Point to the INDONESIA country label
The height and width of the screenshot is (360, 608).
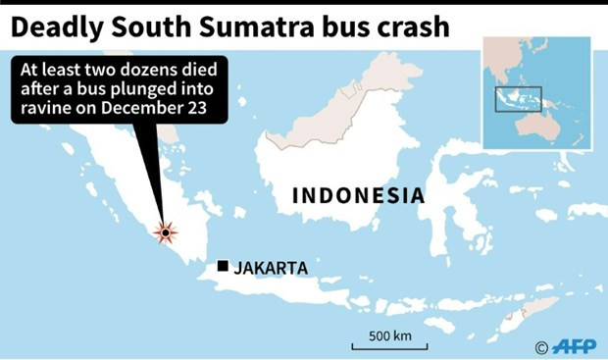[x=359, y=196]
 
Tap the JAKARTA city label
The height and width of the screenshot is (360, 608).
[x=272, y=267]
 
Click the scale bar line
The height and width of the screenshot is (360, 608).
[x=389, y=347]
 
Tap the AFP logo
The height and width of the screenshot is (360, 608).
[x=575, y=344]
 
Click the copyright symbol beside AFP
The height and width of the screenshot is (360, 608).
[x=541, y=345]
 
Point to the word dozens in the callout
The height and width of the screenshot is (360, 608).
[x=161, y=71]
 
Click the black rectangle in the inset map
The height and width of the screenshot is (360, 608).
[x=519, y=98]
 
